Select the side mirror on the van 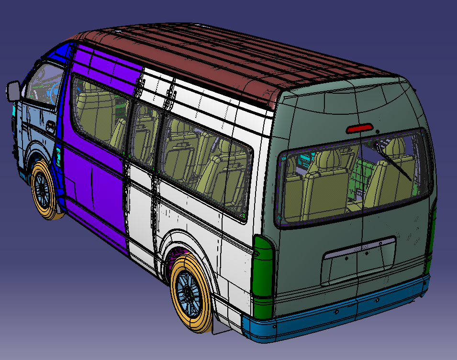click(13, 91)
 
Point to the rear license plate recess click(359, 258)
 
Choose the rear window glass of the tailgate click(354, 182)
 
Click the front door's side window click(43, 86)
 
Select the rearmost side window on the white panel click(206, 163)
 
